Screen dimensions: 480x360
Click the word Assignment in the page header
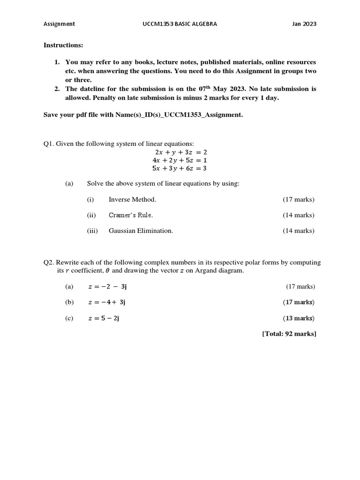59,24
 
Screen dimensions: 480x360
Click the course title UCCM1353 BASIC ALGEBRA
180,24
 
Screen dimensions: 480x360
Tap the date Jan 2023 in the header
304,24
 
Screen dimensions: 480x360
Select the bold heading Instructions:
63,45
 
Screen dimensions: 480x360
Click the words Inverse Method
132,200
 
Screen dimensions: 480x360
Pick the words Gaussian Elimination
141,231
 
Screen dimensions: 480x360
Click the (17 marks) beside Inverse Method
299,200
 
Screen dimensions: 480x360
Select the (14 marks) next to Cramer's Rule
299,215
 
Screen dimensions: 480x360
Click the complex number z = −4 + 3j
107,302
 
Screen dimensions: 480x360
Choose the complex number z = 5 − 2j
104,318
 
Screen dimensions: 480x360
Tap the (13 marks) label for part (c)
299,318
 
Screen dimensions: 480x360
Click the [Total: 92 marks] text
289,334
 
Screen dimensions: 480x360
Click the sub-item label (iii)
92,231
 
